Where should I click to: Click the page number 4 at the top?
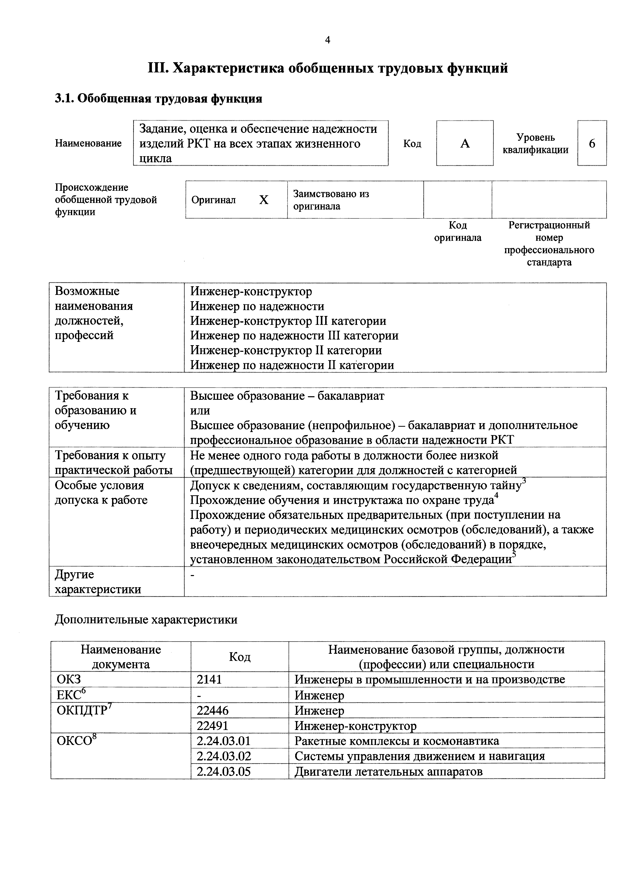point(327,40)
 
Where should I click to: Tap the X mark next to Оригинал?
point(264,200)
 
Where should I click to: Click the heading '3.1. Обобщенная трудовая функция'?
point(158,99)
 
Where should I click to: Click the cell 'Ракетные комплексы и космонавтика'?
point(396,741)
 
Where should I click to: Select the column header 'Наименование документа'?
point(121,657)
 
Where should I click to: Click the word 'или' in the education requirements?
point(200,410)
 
